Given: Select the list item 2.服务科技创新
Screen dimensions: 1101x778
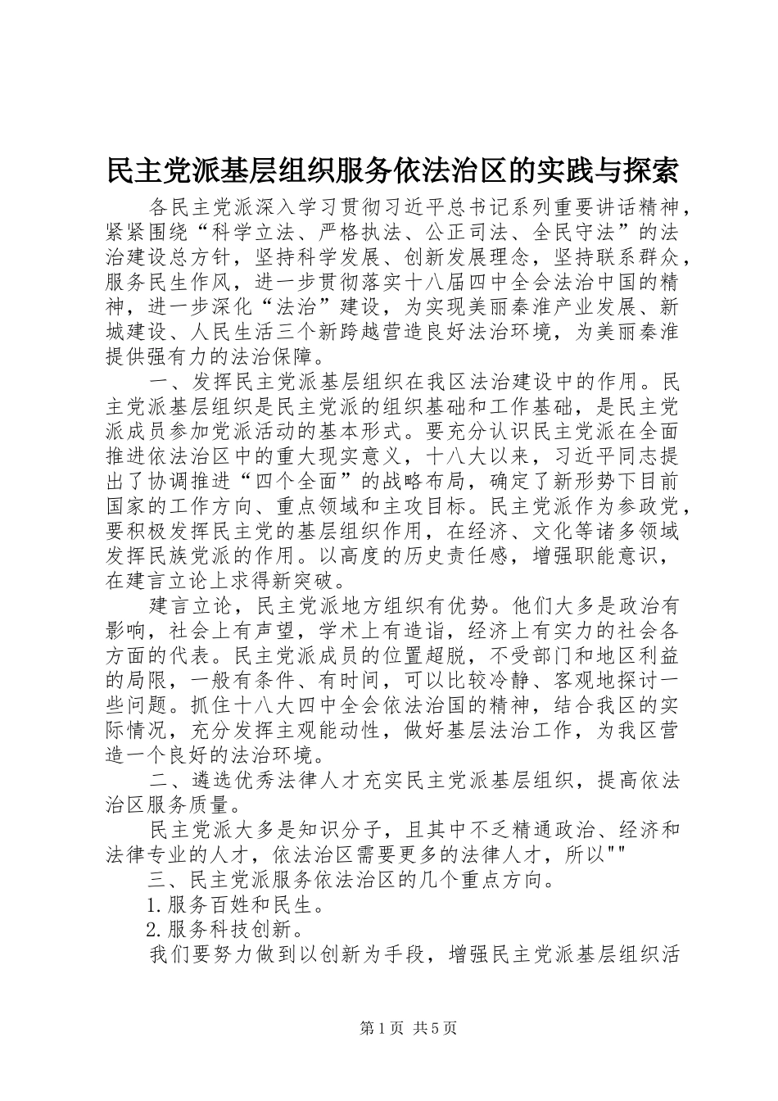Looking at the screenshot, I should [x=221, y=931].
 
